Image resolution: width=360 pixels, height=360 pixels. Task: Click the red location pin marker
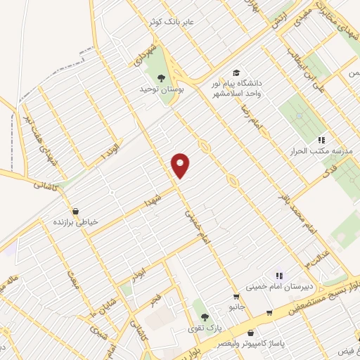181,165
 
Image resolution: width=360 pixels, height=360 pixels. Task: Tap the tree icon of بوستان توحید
161,77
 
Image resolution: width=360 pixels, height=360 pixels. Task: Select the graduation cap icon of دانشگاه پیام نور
236,73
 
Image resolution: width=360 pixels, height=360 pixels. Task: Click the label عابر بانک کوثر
179,22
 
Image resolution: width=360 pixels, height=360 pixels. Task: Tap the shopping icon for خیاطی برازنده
75,211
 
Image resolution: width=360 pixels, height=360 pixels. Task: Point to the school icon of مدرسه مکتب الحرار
322,140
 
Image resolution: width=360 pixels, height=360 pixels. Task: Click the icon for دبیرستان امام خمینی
279,276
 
